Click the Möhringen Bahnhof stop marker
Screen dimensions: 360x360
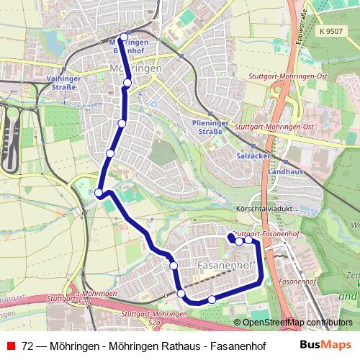pyautogui.click(x=124, y=37)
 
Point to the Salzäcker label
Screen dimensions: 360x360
pyautogui.click(x=252, y=155)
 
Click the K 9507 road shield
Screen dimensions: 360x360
pyautogui.click(x=330, y=32)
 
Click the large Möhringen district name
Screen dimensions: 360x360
pyautogui.click(x=137, y=67)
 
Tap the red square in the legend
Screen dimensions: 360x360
pyautogui.click(x=10, y=346)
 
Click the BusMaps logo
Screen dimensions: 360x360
pyautogui.click(x=326, y=345)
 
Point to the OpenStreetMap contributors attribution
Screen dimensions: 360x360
pyautogui.click(x=297, y=322)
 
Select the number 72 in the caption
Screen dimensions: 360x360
pyautogui.click(x=27, y=346)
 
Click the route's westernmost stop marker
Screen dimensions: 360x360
pyautogui.click(x=99, y=192)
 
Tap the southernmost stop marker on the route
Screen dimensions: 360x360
pyautogui.click(x=212, y=299)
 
